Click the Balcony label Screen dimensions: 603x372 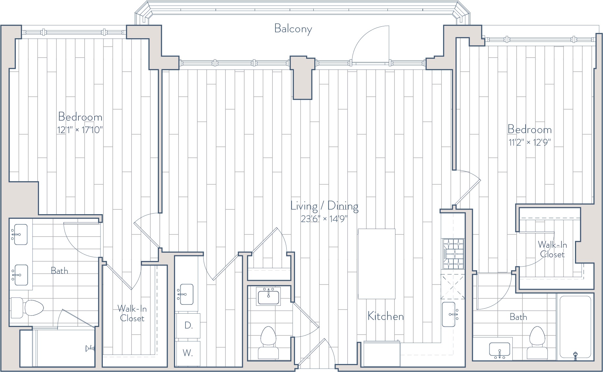tap(293, 29)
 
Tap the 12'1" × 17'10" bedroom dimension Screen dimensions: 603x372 tap(80, 130)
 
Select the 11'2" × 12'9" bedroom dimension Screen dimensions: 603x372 tap(530, 142)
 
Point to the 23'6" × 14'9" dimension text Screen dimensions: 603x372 tap(324, 219)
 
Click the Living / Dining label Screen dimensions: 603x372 tap(325, 206)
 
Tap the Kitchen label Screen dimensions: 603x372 tap(386, 316)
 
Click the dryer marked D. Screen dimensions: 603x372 tap(188, 326)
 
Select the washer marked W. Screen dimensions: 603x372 tap(188, 353)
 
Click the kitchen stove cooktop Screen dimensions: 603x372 tap(453, 254)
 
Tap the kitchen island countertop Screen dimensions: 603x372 tap(377, 264)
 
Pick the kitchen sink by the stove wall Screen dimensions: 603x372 tap(449, 314)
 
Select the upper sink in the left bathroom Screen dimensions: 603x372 tap(19, 235)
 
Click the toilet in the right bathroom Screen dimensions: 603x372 tap(537, 343)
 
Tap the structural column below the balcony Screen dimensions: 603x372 tap(302, 78)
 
